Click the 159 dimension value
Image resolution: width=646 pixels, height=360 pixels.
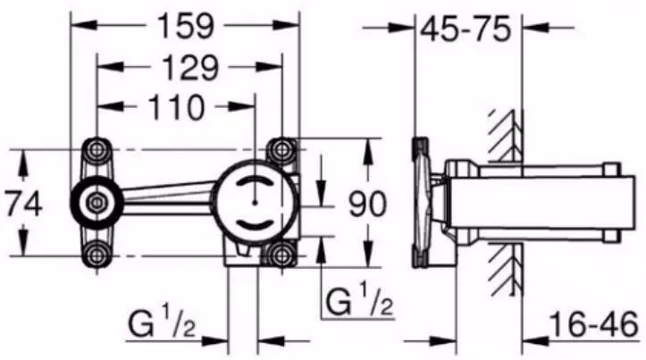185,26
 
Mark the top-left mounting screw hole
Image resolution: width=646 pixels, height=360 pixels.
96,148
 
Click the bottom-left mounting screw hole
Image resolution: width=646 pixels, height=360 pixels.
96,255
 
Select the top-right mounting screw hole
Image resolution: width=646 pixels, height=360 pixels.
284,148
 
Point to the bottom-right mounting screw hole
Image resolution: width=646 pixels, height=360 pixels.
284,255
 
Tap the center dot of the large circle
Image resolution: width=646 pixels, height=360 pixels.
255,202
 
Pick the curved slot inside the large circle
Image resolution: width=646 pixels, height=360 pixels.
255,227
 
